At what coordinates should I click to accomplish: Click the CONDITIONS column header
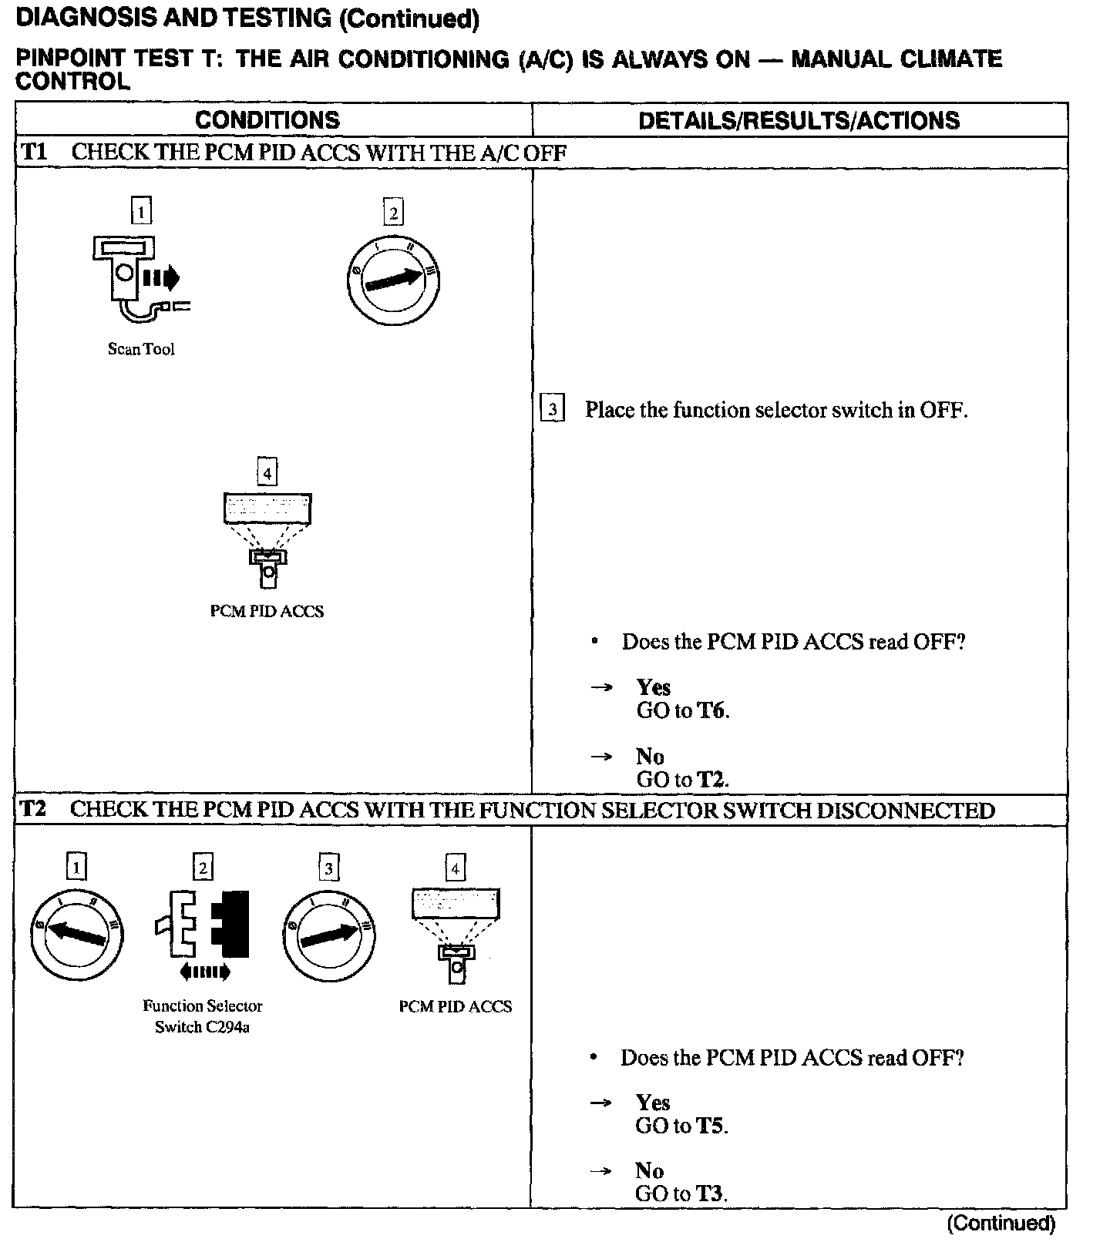click(267, 120)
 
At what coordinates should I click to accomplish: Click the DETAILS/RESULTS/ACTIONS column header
click(799, 120)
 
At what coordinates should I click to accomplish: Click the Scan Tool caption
click(141, 349)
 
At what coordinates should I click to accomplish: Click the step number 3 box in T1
click(553, 409)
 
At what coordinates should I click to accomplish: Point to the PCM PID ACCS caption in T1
click(267, 611)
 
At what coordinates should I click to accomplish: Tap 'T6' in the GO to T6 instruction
click(712, 710)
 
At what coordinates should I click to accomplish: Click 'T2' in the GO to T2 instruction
click(711, 780)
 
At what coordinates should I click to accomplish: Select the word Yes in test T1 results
click(653, 687)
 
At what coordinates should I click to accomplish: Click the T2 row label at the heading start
click(33, 809)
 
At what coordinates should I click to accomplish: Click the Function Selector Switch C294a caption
click(202, 1016)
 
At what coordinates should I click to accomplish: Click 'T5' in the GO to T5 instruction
click(711, 1126)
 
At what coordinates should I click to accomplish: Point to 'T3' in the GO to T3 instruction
click(710, 1194)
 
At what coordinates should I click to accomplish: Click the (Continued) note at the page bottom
click(1000, 1223)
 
